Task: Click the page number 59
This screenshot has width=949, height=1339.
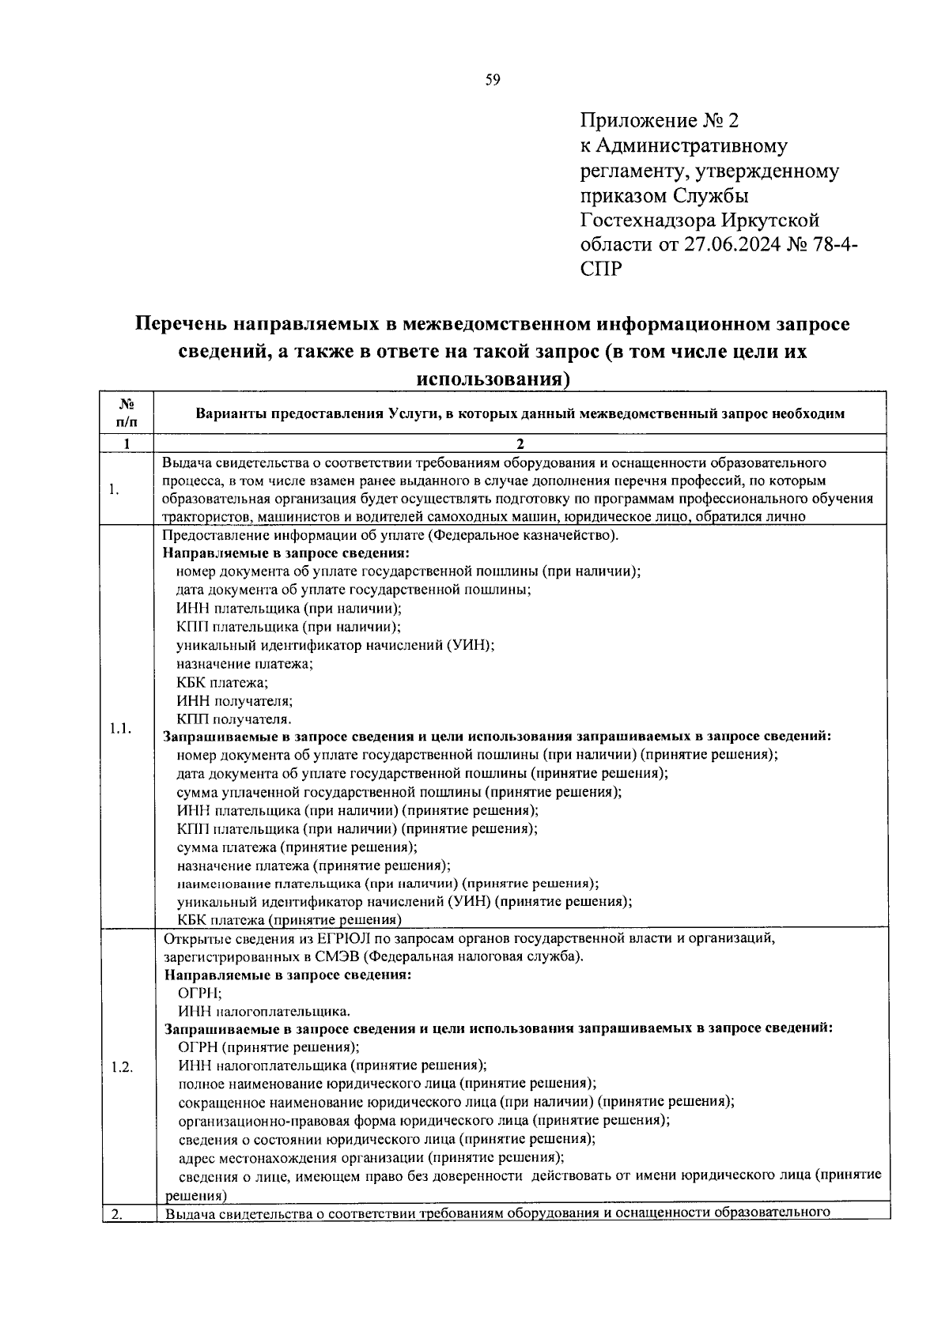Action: click(493, 80)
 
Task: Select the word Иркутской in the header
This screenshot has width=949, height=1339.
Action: click(771, 220)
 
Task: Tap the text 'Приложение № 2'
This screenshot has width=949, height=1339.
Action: click(659, 121)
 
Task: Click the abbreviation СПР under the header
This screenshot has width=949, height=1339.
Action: click(601, 269)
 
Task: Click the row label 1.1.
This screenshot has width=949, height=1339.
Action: click(120, 728)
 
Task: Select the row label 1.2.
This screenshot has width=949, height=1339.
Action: click(122, 1066)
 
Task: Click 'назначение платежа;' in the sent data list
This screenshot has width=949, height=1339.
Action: click(244, 664)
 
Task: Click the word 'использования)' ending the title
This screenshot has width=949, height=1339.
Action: click(493, 379)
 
